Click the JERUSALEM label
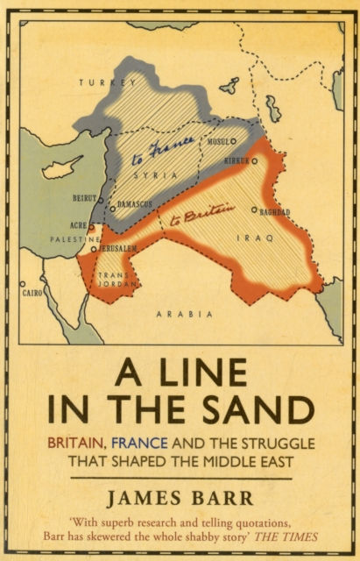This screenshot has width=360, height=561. coord(117,248)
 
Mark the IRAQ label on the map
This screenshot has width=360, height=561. coord(260,238)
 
